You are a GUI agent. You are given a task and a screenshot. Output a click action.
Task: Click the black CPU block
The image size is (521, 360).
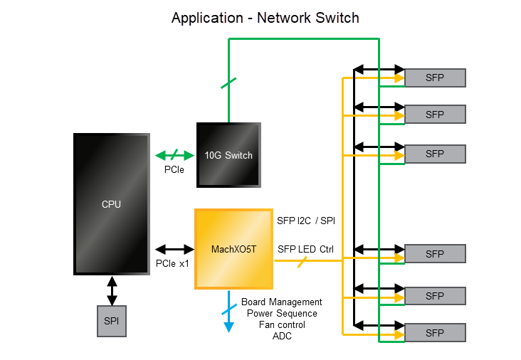111,204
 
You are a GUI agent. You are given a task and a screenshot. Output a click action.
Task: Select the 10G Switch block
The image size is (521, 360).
228,155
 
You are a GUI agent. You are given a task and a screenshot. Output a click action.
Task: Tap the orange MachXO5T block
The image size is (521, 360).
233,249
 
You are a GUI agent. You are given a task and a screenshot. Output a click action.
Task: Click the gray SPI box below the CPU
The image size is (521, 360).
112,321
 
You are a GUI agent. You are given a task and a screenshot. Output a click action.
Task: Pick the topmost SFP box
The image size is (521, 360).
435,78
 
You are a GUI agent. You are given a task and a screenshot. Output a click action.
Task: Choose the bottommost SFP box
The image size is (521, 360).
435,332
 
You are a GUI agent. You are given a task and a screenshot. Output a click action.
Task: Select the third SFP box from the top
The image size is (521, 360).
435,154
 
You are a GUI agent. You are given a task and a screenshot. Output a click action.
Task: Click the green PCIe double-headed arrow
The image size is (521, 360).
174,155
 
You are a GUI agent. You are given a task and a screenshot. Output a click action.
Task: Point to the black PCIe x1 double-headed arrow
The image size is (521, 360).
174,249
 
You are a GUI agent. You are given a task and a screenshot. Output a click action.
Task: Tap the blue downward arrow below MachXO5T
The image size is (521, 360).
229,312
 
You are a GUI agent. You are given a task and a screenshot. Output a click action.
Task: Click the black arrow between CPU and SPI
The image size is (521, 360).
112,290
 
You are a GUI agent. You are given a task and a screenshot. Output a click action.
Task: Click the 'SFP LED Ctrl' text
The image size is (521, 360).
305,249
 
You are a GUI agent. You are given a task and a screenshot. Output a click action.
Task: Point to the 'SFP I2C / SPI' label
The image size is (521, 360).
306,221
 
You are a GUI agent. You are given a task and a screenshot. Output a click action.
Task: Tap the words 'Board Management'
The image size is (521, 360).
282,302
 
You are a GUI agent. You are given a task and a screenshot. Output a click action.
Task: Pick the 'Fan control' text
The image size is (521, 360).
282,324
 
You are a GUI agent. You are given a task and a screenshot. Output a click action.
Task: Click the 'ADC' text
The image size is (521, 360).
282,336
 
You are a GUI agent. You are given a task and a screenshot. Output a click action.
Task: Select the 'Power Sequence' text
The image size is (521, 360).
282,314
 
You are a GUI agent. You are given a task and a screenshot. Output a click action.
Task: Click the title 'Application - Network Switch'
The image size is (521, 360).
265,18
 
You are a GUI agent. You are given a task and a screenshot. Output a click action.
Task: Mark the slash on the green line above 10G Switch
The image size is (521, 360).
228,83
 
